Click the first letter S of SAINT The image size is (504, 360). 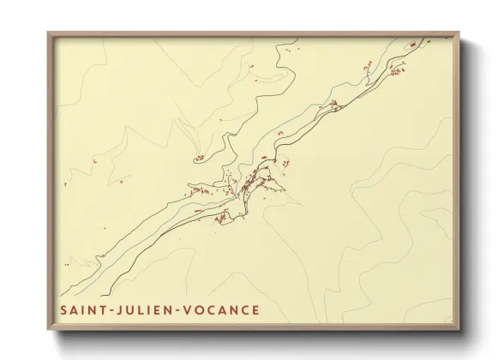(x=65, y=309)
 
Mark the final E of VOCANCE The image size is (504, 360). (x=255, y=309)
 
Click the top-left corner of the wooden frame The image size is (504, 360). (x=48, y=33)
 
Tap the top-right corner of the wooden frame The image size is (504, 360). (x=459, y=33)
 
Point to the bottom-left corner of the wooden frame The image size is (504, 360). (x=48, y=330)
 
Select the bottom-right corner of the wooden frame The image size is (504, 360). (x=459, y=330)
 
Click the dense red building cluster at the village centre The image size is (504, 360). (x=249, y=183)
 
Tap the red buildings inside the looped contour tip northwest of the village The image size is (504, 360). (x=199, y=158)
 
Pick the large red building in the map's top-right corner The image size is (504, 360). (x=412, y=44)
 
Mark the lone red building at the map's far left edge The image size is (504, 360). (x=64, y=184)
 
